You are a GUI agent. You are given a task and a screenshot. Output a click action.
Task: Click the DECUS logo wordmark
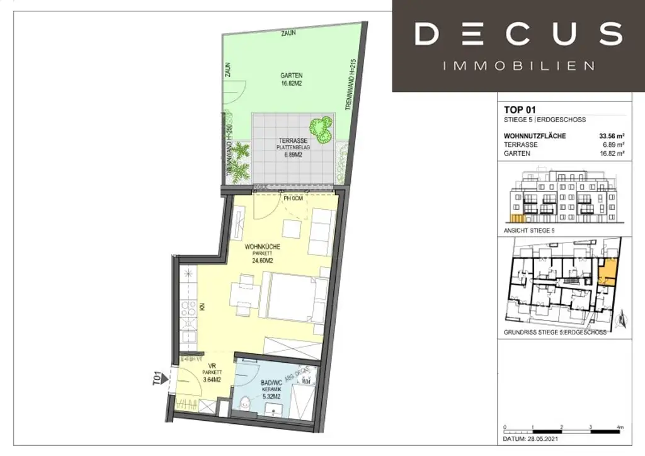pos(518,34)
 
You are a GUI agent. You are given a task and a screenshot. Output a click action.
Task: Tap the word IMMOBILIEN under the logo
pos(518,66)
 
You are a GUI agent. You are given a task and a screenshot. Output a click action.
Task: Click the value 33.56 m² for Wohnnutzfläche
pos(611,136)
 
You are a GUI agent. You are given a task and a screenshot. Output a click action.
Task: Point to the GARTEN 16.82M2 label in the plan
pos(291,78)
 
